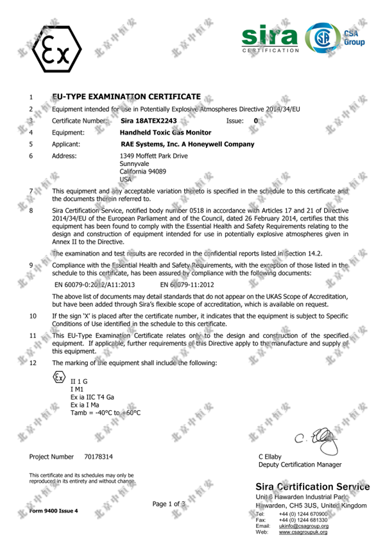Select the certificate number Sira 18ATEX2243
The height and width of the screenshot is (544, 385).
[x=148, y=120]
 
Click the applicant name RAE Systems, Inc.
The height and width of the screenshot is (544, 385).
[x=187, y=144]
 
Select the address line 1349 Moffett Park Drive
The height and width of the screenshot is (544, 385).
[x=153, y=156]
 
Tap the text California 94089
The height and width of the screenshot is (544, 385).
[x=144, y=172]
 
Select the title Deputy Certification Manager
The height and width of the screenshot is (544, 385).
[x=300, y=465]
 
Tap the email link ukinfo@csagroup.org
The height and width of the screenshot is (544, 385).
[x=303, y=525]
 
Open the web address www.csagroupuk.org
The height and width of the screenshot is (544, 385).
[x=303, y=532]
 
